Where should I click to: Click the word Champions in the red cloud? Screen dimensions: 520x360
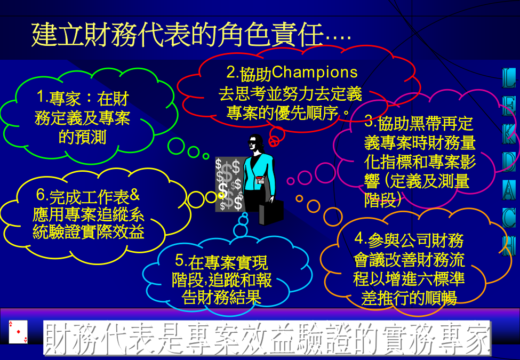(315, 73)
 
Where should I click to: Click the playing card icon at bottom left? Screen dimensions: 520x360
(18, 332)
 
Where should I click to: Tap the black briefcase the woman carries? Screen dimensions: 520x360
(271, 212)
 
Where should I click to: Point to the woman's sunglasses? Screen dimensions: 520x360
(253, 142)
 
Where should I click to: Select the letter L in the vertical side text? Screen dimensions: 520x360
(509, 78)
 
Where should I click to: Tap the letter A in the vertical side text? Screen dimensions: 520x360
(509, 190)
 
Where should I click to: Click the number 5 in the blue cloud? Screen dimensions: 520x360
(179, 260)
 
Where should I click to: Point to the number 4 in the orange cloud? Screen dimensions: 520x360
(359, 238)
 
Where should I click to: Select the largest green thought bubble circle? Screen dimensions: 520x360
(176, 146)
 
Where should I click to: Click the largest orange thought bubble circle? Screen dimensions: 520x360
(333, 217)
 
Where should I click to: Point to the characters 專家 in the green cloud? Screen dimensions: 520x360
(65, 99)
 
